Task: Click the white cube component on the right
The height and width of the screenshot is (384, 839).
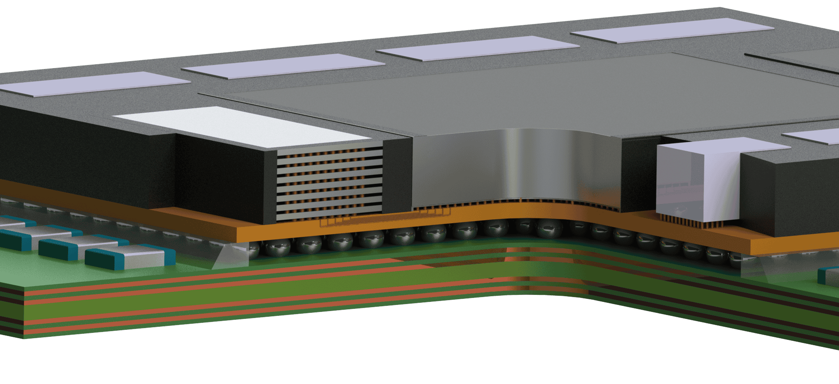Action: (x=697, y=179)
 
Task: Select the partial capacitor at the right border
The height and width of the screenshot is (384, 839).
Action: (x=828, y=275)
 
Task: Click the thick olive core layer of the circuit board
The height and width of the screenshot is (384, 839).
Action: (x=262, y=301)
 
